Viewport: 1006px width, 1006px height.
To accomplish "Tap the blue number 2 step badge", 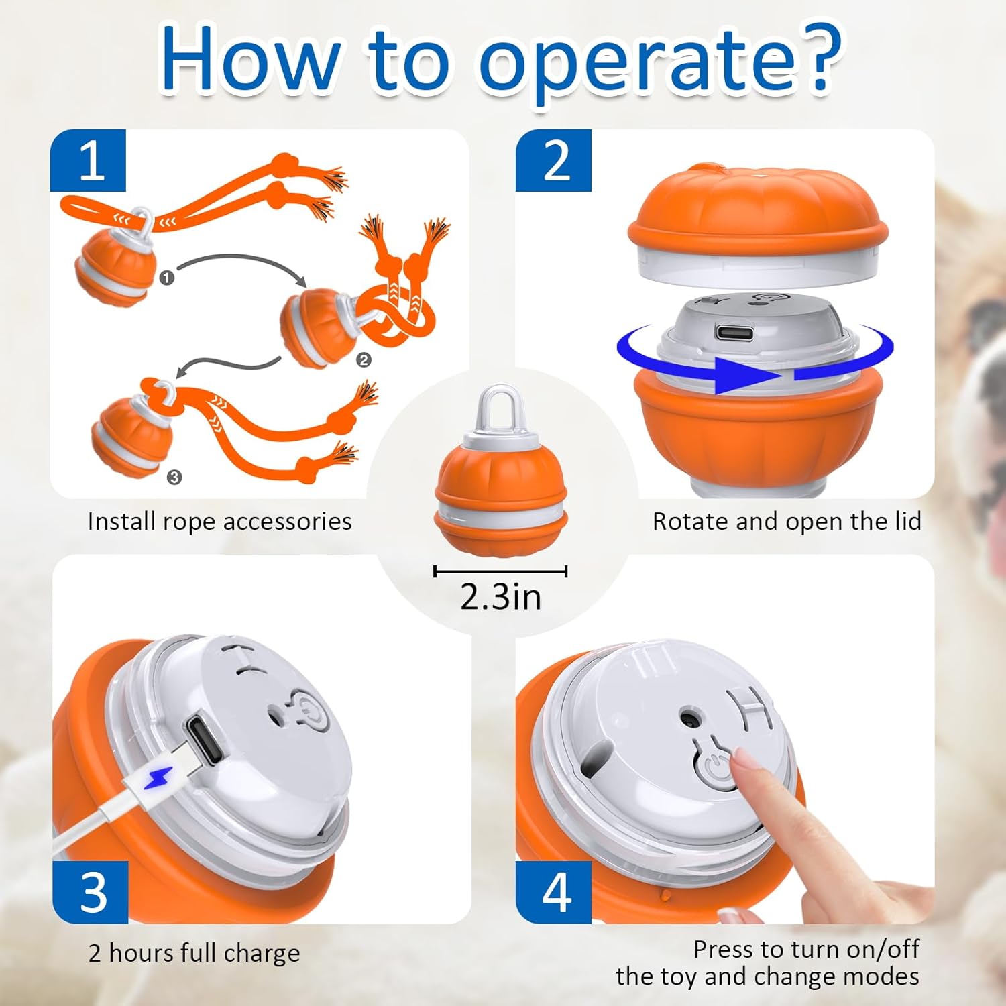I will pyautogui.click(x=553, y=161).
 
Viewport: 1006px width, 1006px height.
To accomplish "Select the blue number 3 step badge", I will pyautogui.click(x=91, y=892).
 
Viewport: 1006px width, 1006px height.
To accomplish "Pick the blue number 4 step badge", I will pyautogui.click(x=554, y=892).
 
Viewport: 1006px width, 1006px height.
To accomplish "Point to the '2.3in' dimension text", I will pyautogui.click(x=500, y=596).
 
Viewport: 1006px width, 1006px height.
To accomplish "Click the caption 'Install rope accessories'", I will pyautogui.click(x=219, y=521).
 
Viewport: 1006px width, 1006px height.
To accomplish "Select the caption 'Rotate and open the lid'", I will pyautogui.click(x=787, y=521).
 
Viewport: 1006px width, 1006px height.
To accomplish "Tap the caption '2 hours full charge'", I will pyautogui.click(x=194, y=952).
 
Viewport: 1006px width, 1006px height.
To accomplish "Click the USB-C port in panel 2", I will pyautogui.click(x=734, y=332).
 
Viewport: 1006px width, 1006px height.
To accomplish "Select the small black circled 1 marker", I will pyautogui.click(x=167, y=277).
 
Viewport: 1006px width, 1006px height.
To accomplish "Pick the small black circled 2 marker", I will pyautogui.click(x=364, y=360).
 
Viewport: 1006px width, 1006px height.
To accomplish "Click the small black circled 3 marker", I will pyautogui.click(x=174, y=477).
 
